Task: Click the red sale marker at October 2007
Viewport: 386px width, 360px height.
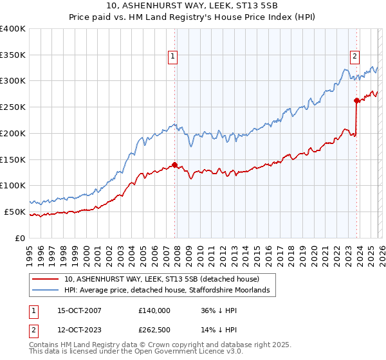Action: click(174, 165)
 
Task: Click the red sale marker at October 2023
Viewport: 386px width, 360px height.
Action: click(356, 100)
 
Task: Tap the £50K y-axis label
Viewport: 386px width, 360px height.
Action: click(15, 212)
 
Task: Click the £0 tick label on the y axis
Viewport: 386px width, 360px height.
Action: click(21, 238)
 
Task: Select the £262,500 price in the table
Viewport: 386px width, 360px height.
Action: click(154, 330)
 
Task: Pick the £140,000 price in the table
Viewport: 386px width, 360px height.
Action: click(154, 310)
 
